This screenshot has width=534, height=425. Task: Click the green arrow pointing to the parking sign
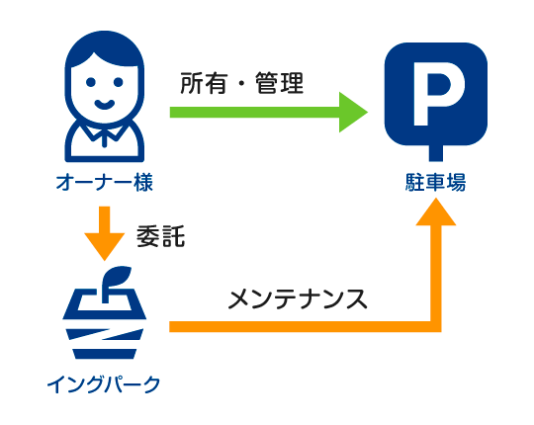[268, 112]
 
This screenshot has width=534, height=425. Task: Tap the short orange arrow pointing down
[105, 233]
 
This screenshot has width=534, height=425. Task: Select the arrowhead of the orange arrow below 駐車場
[436, 212]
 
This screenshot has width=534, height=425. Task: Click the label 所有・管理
[242, 83]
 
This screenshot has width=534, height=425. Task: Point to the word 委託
[160, 236]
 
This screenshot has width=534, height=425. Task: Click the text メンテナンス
[298, 299]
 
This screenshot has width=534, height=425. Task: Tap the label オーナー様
[105, 182]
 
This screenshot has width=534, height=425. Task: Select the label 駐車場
[435, 182]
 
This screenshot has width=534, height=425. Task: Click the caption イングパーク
[104, 384]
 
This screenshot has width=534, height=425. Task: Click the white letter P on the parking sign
[436, 94]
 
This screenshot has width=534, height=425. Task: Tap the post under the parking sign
[436, 153]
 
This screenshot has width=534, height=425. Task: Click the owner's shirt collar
[104, 132]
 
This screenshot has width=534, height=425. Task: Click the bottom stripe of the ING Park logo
[105, 354]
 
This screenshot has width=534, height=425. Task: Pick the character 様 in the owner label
[143, 182]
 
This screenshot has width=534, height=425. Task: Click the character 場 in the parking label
[456, 182]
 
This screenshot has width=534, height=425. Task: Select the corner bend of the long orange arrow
[436, 327]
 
